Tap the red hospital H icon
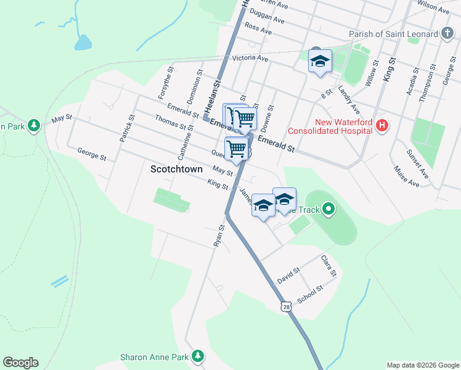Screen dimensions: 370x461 (382, 126)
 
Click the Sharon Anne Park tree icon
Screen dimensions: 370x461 (198, 356)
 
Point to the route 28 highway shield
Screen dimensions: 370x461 (286, 306)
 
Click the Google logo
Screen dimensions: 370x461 (20, 363)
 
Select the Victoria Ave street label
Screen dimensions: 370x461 (250, 59)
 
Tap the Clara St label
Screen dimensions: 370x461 (329, 265)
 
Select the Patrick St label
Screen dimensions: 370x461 (126, 128)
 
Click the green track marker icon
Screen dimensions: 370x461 (328, 210)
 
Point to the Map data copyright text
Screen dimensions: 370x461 (423, 365)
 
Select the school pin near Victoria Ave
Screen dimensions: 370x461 (320, 62)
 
